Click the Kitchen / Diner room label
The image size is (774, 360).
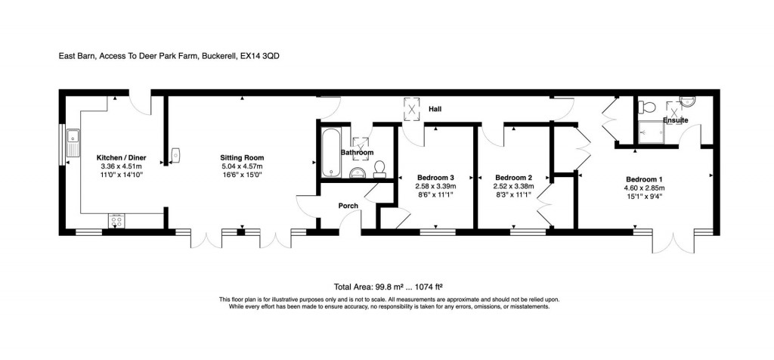pos(121,157)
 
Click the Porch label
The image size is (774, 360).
pos(348,206)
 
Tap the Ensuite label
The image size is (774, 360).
pos(675,120)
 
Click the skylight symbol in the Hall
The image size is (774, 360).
pos(412,110)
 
